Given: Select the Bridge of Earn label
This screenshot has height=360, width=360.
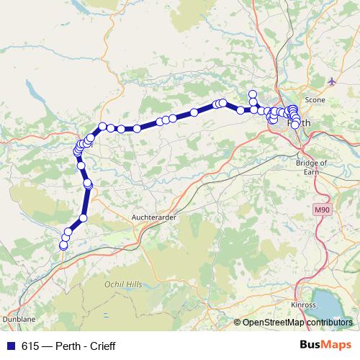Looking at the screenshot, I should click(x=311, y=167).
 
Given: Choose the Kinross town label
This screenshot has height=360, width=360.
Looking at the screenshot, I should click(x=302, y=305).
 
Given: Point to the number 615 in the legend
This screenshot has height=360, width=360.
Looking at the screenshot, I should click(x=30, y=346).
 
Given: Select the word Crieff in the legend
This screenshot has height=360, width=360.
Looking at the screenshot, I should click(x=100, y=346).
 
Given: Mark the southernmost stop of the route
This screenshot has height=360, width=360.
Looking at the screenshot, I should click(x=63, y=246).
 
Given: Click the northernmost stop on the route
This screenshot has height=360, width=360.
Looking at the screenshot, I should click(x=252, y=94).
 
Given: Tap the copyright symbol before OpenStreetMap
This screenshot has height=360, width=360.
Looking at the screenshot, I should click(x=237, y=323).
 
